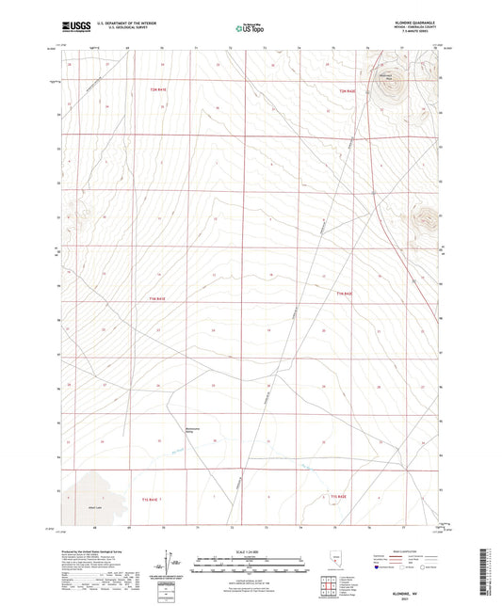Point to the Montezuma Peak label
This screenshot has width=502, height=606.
[x=383, y=74]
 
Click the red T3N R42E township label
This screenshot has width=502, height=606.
[x=348, y=89]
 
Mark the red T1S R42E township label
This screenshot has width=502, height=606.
[x=339, y=496]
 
